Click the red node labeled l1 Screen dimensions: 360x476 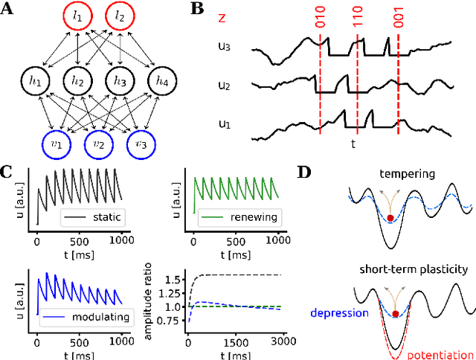78,16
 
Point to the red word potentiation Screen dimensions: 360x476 442,354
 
